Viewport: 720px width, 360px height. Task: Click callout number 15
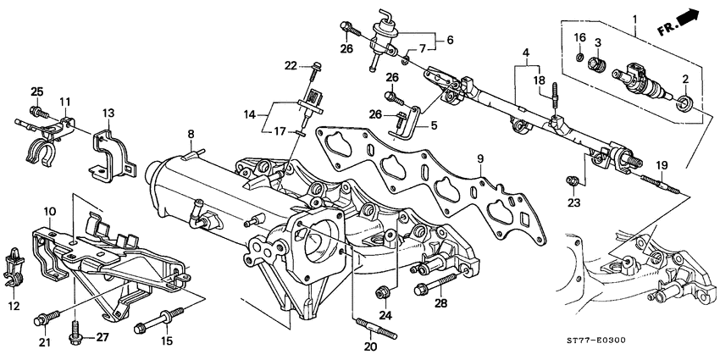tap(166, 341)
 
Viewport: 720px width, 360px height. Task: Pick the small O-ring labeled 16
tap(578, 57)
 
